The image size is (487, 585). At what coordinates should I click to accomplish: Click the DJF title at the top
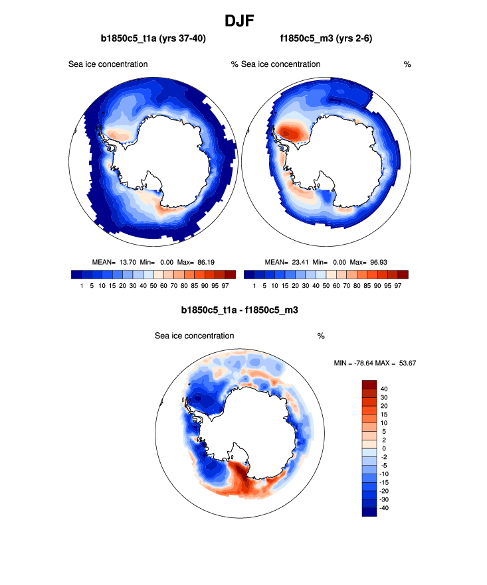point(243,21)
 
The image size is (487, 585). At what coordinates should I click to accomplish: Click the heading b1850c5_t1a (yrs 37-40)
point(153,38)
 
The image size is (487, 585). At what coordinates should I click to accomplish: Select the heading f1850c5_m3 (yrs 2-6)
point(326,38)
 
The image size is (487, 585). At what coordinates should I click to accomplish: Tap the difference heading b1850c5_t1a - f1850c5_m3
point(243,310)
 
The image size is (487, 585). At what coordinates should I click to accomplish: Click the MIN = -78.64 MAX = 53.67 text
point(375,363)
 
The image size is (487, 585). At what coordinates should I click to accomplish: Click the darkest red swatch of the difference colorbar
point(369,384)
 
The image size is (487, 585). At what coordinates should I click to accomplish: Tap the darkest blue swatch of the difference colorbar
point(369,511)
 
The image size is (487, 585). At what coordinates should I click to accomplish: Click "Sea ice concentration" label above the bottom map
point(194,336)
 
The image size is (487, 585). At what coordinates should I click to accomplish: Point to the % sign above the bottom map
point(321,336)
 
